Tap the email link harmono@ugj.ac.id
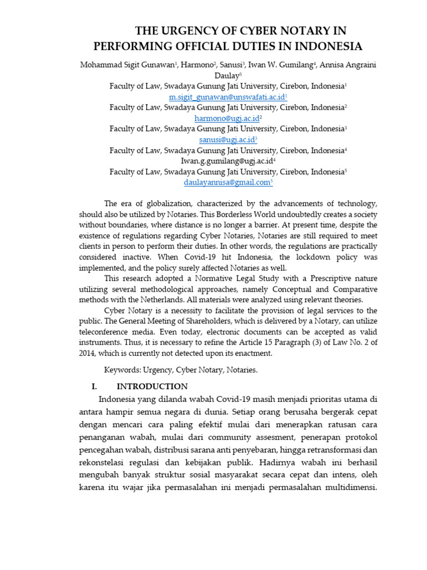pos(227,119)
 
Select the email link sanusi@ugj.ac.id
pos(227,140)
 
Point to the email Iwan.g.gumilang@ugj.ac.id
pos(227,161)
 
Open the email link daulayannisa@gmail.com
pos(227,182)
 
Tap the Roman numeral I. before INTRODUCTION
pos(95,386)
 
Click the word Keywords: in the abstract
pos(122,370)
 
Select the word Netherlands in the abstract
pos(163,299)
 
